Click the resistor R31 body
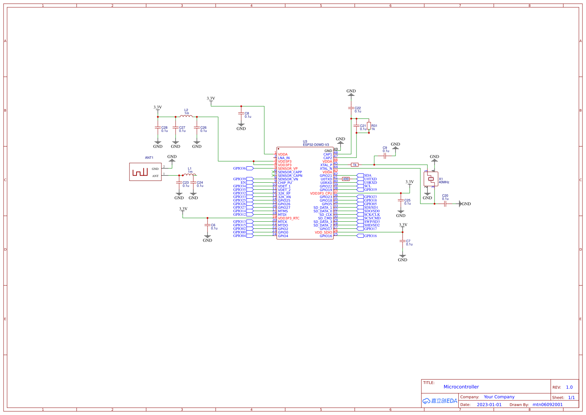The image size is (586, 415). [369, 126]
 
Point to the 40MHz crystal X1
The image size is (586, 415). [431, 179]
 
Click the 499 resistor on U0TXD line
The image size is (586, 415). [346, 179]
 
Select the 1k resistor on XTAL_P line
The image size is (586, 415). [354, 165]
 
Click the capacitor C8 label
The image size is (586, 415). [247, 114]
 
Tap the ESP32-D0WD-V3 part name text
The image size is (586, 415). [316, 145]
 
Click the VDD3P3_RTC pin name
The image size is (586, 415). [288, 218]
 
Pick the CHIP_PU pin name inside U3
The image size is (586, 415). [285, 183]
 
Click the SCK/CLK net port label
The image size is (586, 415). [372, 215]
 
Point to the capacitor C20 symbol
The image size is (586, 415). [445, 204]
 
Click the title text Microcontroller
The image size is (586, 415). [461, 387]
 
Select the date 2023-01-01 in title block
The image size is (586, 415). [489, 405]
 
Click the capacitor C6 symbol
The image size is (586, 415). [208, 225]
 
